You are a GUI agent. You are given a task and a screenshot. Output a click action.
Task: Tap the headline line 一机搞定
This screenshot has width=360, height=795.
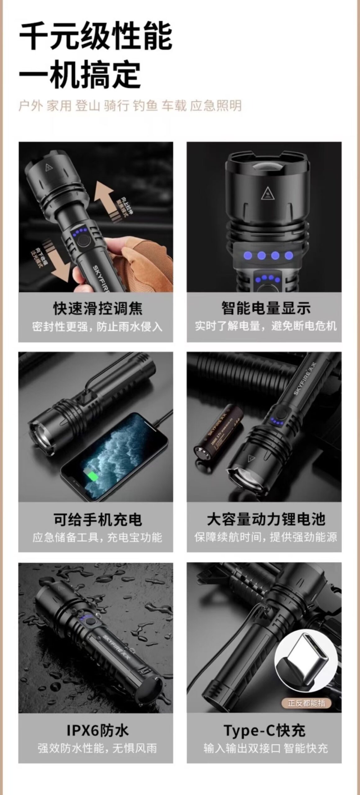click(x=80, y=75)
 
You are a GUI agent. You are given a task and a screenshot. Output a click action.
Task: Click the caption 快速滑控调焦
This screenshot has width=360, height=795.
click(x=98, y=308)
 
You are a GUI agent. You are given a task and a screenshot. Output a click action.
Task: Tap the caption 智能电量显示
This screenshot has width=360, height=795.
click(x=266, y=308)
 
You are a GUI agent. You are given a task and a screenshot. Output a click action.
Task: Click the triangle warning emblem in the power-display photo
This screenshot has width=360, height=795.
click(x=267, y=194)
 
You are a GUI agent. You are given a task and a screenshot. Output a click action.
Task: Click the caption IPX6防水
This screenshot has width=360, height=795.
click(x=98, y=730)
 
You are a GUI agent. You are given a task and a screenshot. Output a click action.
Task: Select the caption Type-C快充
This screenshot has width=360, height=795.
click(x=265, y=730)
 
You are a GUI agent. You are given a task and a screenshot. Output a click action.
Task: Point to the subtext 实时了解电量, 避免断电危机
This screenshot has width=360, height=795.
click(x=266, y=326)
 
